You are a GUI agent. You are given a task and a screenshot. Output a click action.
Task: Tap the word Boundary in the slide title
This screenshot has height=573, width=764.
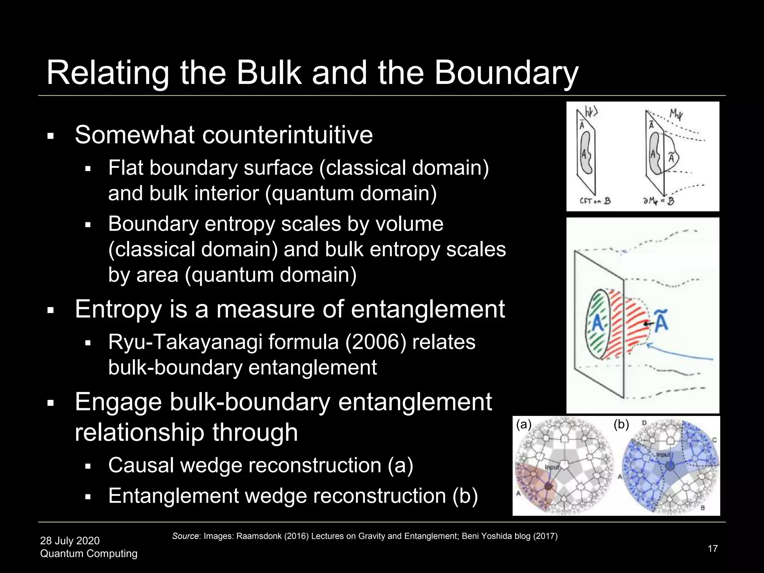pos(506,73)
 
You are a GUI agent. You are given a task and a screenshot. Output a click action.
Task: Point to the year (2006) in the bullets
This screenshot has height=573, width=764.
pos(376,342)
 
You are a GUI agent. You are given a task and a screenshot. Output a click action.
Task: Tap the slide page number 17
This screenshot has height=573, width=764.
pos(713,548)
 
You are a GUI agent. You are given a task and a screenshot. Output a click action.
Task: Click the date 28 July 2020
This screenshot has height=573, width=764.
pos(70,541)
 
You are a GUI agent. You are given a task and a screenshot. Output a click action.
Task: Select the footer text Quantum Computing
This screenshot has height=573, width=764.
pos(89,553)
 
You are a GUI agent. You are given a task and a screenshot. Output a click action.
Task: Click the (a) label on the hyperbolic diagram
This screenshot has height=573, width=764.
pos(523,425)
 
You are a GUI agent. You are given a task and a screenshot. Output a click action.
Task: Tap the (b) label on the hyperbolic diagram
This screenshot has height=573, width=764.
pos(621,425)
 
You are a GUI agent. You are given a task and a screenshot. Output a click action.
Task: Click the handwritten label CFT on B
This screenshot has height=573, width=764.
pos(595,201)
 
